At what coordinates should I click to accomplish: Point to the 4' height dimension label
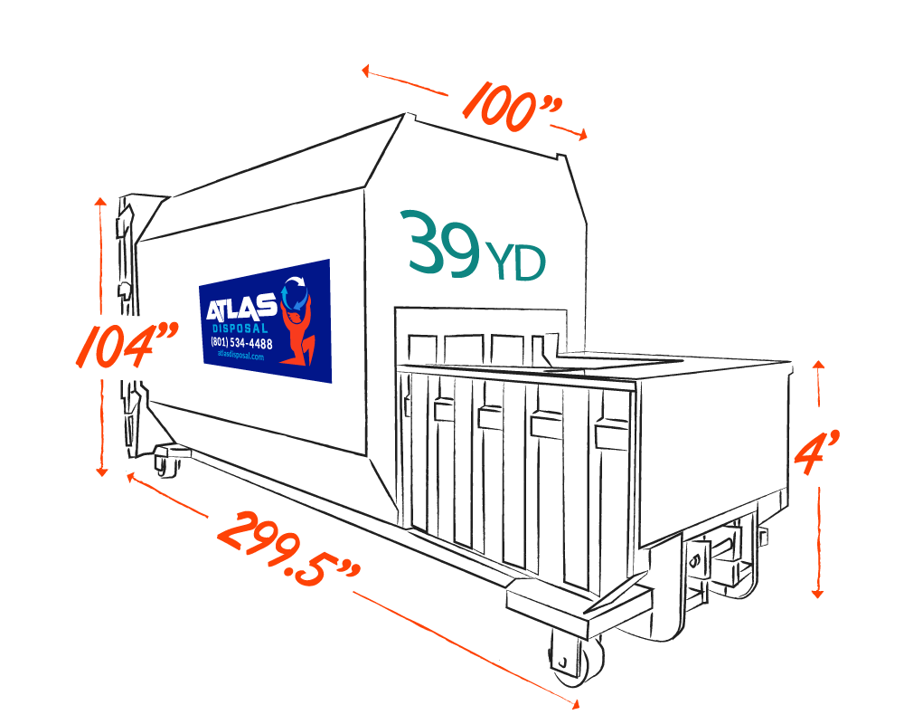click(818, 447)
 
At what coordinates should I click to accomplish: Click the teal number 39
click(443, 243)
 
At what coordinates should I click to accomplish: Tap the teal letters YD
click(515, 262)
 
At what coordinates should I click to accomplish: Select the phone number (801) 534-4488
click(240, 344)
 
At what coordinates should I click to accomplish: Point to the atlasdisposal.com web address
click(240, 357)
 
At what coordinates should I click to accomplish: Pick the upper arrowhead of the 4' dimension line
click(817, 365)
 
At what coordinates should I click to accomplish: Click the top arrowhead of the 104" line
click(101, 201)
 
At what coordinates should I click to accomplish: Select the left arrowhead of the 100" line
click(365, 70)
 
